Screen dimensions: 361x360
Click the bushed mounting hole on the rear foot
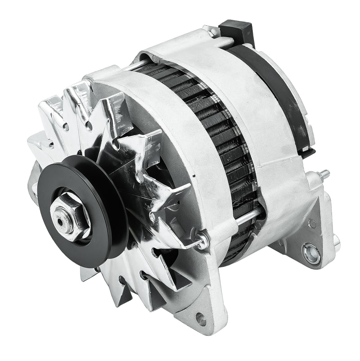tap(311, 253)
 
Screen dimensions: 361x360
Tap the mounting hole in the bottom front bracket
tap(201, 320)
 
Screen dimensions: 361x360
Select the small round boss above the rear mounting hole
tap(312, 223)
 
